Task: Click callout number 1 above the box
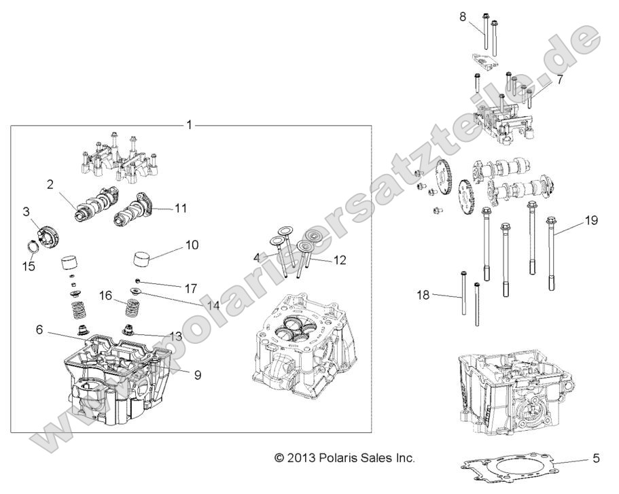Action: (190, 125)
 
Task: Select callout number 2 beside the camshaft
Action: (50, 184)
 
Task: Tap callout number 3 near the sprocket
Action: (26, 213)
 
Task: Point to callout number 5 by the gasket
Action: (596, 459)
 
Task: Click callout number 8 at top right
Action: (462, 17)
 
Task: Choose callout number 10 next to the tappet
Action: (192, 244)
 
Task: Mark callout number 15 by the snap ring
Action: (28, 267)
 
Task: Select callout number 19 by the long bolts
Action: (591, 221)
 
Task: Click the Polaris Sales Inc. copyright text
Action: (344, 459)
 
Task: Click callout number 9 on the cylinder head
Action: (198, 374)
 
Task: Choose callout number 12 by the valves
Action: (340, 260)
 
